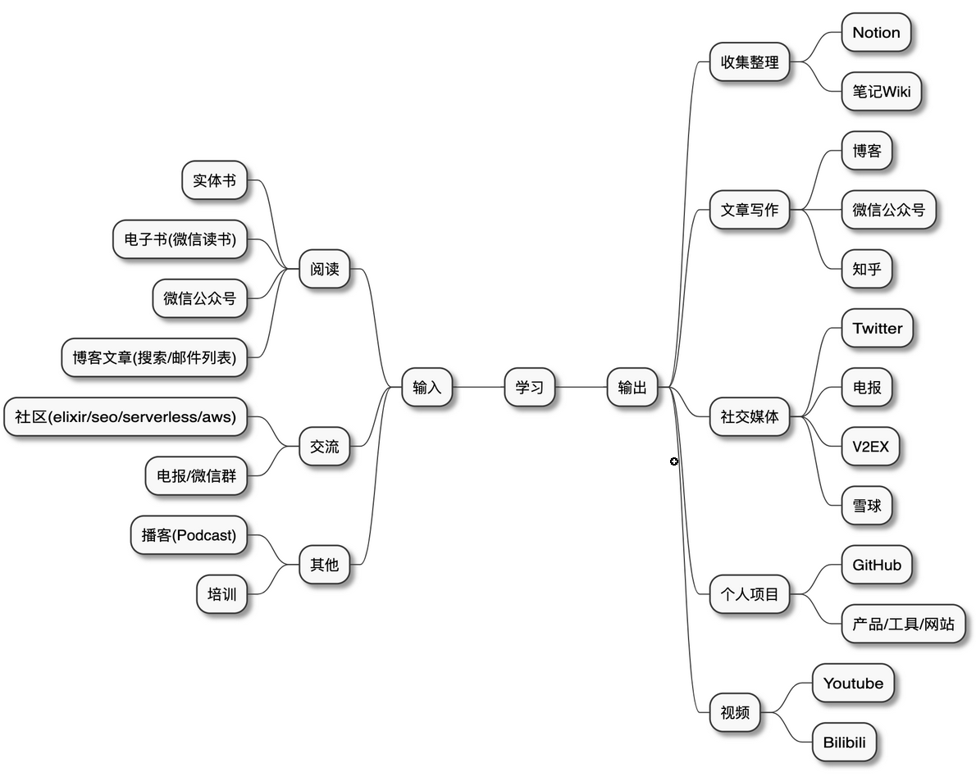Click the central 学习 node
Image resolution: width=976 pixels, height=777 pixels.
529,387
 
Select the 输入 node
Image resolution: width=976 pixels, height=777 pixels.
426,387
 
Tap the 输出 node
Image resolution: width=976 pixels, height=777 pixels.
632,387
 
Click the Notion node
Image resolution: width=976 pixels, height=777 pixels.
876,33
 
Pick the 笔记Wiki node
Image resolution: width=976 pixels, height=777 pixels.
881,91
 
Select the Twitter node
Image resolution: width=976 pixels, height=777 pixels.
877,329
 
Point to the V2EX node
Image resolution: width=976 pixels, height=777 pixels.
870,447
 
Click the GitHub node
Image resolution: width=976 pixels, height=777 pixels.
876,565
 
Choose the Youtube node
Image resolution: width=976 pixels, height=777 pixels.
853,683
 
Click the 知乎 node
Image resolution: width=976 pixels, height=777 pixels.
867,269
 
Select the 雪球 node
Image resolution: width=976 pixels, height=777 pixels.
867,506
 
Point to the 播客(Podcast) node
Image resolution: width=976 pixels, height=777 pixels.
189,535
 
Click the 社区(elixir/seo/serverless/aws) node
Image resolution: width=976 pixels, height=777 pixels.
125,416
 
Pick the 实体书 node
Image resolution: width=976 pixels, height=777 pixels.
214,180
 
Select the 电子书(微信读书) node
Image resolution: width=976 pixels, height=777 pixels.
180,239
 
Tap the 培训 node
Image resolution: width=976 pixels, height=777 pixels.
221,594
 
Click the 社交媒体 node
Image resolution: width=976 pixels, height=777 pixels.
750,416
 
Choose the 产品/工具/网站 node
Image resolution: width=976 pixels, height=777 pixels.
903,624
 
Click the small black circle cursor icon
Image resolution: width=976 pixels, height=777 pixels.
674,462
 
